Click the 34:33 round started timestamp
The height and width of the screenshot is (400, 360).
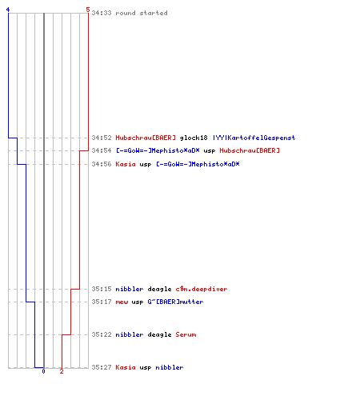point(102,13)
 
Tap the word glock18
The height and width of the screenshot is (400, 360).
point(194,138)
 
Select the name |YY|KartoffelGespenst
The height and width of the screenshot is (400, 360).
point(254,138)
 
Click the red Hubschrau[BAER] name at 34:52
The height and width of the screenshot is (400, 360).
point(146,138)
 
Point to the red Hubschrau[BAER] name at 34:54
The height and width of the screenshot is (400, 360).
point(250,150)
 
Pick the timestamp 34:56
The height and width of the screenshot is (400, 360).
point(102,164)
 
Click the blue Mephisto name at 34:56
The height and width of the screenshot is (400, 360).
point(198,164)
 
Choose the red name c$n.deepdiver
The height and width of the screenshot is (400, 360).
point(202,289)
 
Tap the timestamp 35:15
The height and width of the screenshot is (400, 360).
point(102,289)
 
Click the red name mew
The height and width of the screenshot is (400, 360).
point(122,302)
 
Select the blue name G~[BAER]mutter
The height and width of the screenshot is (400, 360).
point(175,302)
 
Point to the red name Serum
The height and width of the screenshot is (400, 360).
point(186,334)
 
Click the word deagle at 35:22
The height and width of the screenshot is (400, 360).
point(159,334)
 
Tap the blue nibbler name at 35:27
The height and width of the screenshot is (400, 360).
point(170,367)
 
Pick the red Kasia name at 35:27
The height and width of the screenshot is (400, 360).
point(126,367)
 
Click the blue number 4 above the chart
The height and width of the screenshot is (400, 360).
point(8,10)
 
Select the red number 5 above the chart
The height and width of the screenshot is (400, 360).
point(88,10)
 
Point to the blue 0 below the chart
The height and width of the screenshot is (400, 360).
point(44,371)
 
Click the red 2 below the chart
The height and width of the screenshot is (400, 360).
point(62,371)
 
